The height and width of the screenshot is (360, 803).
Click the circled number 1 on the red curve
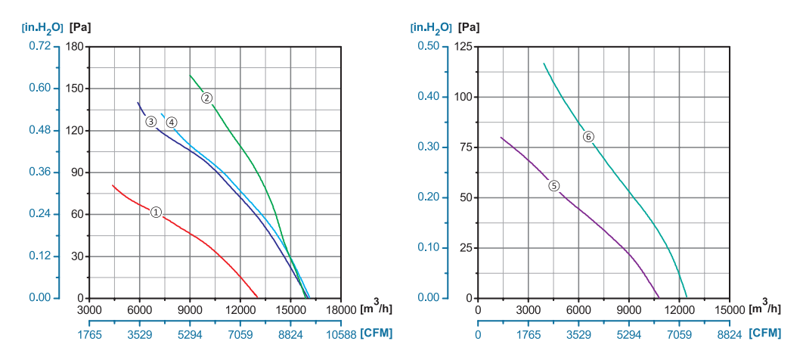point(156,213)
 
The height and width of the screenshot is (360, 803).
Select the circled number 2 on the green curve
point(206,98)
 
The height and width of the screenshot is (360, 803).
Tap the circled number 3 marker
point(151,122)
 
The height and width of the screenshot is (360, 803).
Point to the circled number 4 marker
point(172,123)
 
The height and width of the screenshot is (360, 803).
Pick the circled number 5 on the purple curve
point(553,185)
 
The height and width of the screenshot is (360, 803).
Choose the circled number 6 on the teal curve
point(588,137)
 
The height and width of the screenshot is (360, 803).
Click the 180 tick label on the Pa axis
point(74,46)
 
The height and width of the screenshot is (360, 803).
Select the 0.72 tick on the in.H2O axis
point(39,46)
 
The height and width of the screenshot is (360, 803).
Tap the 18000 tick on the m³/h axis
point(340,310)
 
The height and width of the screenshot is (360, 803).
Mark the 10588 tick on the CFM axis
point(340,334)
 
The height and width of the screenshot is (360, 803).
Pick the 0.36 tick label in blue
point(39,172)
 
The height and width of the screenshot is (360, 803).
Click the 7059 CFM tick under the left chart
point(240,334)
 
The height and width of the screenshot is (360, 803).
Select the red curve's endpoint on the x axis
point(258,297)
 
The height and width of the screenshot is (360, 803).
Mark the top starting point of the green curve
point(190,75)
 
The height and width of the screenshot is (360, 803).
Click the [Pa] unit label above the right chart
point(468,27)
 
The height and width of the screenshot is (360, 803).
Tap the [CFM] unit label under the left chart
point(377,334)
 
